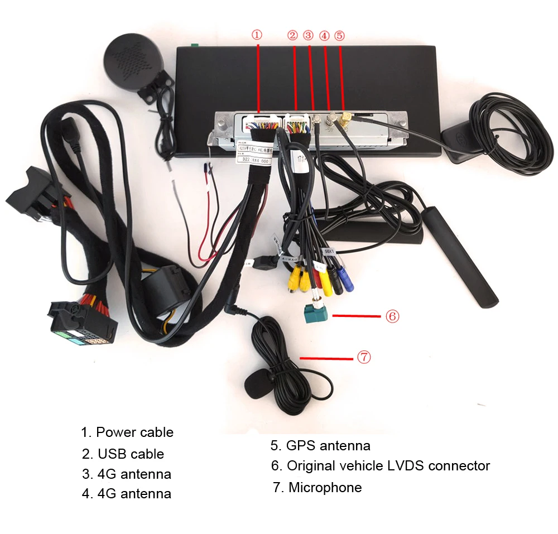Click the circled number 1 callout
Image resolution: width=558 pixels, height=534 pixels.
click(x=257, y=35)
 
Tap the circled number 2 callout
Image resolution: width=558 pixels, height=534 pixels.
click(x=292, y=35)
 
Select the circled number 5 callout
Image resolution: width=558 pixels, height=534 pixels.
click(x=339, y=35)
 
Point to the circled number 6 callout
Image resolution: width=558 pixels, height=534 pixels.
click(x=392, y=316)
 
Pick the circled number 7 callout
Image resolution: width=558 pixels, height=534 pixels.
click(x=364, y=357)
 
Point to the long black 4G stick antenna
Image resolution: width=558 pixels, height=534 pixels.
click(x=460, y=257)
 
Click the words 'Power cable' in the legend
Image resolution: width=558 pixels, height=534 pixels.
click(x=134, y=432)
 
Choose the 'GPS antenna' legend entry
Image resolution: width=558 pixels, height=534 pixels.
click(x=328, y=445)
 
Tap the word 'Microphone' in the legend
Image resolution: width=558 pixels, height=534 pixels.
click(x=325, y=487)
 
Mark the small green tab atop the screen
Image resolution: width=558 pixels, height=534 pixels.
click(x=194, y=45)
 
